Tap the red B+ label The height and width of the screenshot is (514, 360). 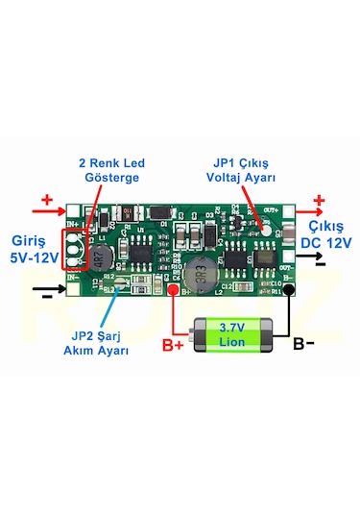(x=173, y=345)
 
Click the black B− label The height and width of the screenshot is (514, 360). (x=303, y=342)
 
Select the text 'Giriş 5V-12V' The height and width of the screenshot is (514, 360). (x=34, y=249)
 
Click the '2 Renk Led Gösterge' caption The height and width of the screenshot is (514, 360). (x=109, y=170)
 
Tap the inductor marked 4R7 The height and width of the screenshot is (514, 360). (x=98, y=256)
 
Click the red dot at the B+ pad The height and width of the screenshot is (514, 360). (x=173, y=290)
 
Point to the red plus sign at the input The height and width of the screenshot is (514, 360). (x=47, y=202)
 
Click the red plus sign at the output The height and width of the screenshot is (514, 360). (x=319, y=201)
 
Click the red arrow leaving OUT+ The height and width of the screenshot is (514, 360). (x=310, y=210)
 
